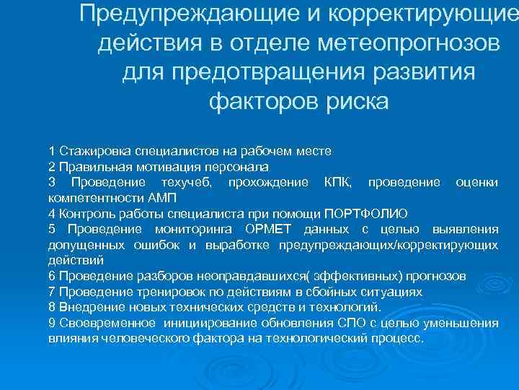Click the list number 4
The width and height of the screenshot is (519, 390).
pyautogui.click(x=52, y=213)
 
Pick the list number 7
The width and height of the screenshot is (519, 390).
pyautogui.click(x=52, y=292)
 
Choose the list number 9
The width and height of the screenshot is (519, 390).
pyautogui.click(x=52, y=322)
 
